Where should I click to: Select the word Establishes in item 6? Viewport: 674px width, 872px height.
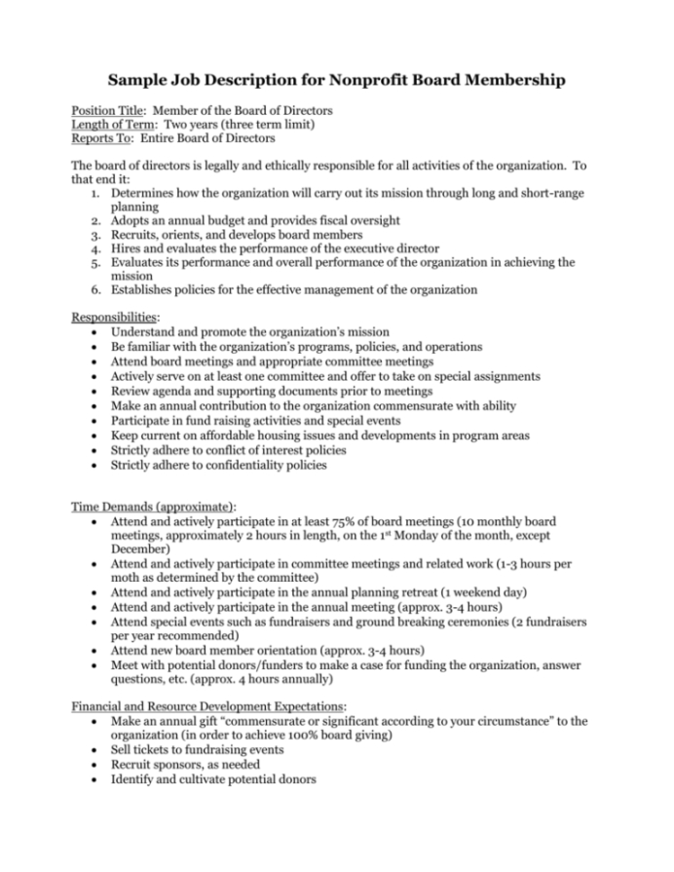tap(146, 289)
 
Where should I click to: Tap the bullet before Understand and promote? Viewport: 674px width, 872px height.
tap(91, 333)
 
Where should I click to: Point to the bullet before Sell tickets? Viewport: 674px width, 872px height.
tap(91, 750)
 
